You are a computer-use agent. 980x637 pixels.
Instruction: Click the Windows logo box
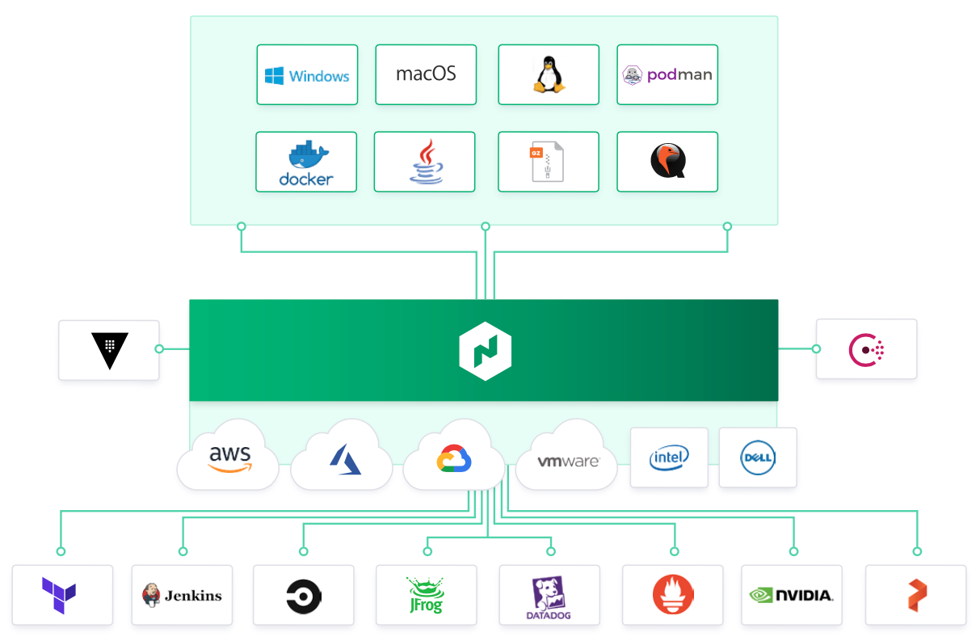307,75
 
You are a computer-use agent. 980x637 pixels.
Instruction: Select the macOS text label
426,74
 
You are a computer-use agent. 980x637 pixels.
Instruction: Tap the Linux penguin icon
549,74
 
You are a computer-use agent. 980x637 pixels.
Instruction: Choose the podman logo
667,75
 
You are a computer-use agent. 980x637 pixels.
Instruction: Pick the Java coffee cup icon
426,162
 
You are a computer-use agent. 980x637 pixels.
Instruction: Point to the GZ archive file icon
547,161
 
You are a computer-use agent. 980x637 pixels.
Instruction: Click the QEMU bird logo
668,161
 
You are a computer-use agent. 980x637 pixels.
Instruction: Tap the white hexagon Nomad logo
486,351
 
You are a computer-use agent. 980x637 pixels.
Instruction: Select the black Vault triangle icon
109,350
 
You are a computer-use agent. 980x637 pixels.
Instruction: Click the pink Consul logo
866,350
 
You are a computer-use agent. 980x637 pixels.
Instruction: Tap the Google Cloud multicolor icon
454,458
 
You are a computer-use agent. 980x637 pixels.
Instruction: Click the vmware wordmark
568,461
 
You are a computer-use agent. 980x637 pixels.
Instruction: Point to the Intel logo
669,458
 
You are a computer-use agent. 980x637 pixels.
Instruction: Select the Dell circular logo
758,458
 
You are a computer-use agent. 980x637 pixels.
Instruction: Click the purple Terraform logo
59,596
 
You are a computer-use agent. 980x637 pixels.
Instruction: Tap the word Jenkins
193,596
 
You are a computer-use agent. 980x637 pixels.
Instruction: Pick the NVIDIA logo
792,596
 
